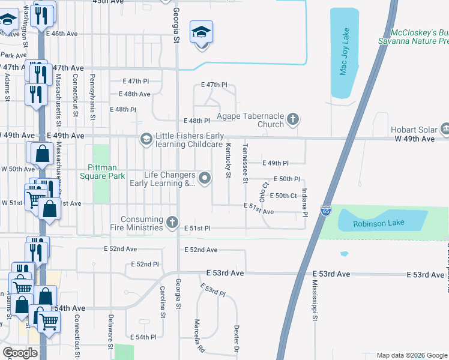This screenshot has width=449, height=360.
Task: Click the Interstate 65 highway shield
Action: click(x=325, y=211)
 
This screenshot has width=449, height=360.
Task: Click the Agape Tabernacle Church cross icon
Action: click(x=293, y=119)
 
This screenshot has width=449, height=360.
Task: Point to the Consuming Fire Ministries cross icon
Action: click(x=172, y=223)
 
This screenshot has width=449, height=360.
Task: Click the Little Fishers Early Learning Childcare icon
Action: click(x=145, y=139)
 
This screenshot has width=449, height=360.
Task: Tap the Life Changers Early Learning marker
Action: click(x=205, y=178)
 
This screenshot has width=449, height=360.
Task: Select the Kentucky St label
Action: click(x=228, y=160)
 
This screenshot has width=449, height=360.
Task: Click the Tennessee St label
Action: click(x=245, y=163)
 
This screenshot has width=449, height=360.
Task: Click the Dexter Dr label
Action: click(x=237, y=339)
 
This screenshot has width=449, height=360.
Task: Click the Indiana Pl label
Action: click(x=305, y=200)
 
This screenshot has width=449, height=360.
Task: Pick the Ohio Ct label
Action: click(x=263, y=192)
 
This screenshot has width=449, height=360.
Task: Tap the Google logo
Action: click(x=20, y=353)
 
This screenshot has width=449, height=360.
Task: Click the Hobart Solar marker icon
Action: click(x=445, y=128)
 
